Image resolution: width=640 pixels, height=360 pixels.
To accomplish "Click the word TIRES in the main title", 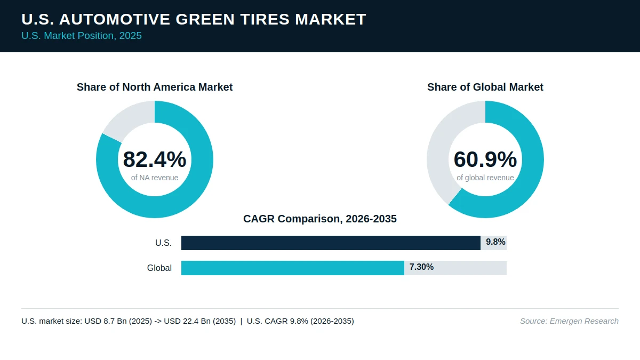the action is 265,19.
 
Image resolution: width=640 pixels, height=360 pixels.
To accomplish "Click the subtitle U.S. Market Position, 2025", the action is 82,36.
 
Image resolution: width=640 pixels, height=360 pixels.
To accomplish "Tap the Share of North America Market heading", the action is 155,87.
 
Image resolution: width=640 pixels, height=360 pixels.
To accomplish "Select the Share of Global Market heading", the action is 485,87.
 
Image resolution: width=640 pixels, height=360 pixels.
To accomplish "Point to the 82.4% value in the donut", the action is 155,159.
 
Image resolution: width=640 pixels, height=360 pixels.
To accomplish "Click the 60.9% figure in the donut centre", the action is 485,159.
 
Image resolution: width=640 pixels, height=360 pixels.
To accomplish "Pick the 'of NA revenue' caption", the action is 155,178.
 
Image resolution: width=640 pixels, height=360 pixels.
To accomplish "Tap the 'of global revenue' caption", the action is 485,178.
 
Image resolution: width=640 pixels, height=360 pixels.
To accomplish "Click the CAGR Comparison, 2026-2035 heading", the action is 319,219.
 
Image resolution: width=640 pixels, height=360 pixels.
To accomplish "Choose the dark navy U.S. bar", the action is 331,243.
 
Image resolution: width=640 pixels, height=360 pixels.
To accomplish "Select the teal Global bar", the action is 293,268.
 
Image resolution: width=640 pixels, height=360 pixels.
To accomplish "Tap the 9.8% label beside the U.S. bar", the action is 495,242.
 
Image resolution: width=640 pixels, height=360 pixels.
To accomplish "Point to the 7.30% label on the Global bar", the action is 421,267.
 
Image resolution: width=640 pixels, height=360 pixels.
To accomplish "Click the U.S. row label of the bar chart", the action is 163,243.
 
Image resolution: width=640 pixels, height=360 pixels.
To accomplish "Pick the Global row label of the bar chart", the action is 159,268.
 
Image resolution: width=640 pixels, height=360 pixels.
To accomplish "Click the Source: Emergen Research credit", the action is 569,321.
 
